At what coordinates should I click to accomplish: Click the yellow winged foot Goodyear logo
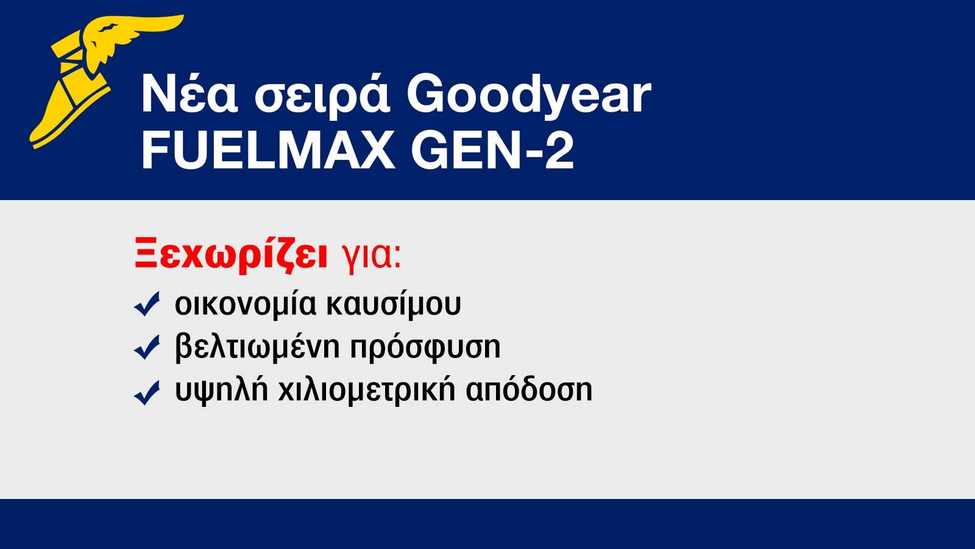(x=91, y=79)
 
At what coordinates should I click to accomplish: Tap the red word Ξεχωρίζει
(x=232, y=255)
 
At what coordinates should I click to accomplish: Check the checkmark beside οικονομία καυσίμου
(x=147, y=304)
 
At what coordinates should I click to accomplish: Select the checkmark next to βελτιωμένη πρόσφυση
(x=147, y=347)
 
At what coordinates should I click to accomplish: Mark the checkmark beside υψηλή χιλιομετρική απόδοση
(x=147, y=392)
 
